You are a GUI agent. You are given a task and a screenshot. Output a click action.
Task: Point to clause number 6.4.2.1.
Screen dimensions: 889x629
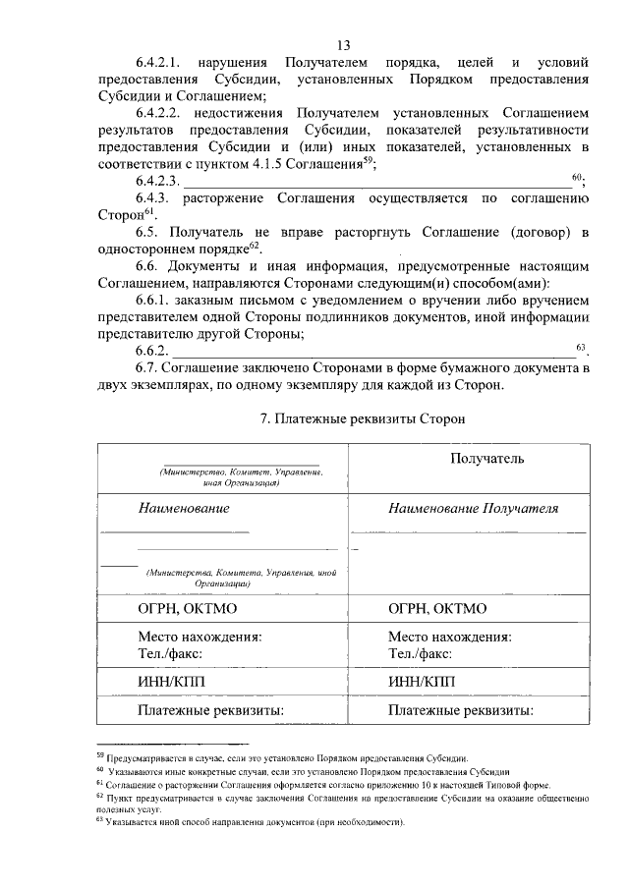pyautogui.click(x=159, y=62)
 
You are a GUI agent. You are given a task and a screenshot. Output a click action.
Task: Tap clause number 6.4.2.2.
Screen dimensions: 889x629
pyautogui.click(x=159, y=114)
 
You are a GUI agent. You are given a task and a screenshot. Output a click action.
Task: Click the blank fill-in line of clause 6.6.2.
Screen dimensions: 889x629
pyautogui.click(x=373, y=352)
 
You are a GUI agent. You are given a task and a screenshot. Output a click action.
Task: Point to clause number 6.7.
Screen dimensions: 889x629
pyautogui.click(x=148, y=367)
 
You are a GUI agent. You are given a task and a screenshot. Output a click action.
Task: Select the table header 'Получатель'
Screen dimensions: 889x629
pyautogui.click(x=486, y=458)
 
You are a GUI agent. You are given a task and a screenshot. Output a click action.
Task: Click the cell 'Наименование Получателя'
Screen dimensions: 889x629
pyautogui.click(x=473, y=509)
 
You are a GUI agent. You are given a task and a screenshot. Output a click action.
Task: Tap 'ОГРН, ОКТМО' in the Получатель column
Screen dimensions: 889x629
pyautogui.click(x=437, y=609)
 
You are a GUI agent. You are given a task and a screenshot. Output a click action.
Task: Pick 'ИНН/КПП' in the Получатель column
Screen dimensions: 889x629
pyautogui.click(x=423, y=681)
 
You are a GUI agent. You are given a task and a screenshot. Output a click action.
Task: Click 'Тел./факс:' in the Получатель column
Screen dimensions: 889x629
pyautogui.click(x=420, y=652)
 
